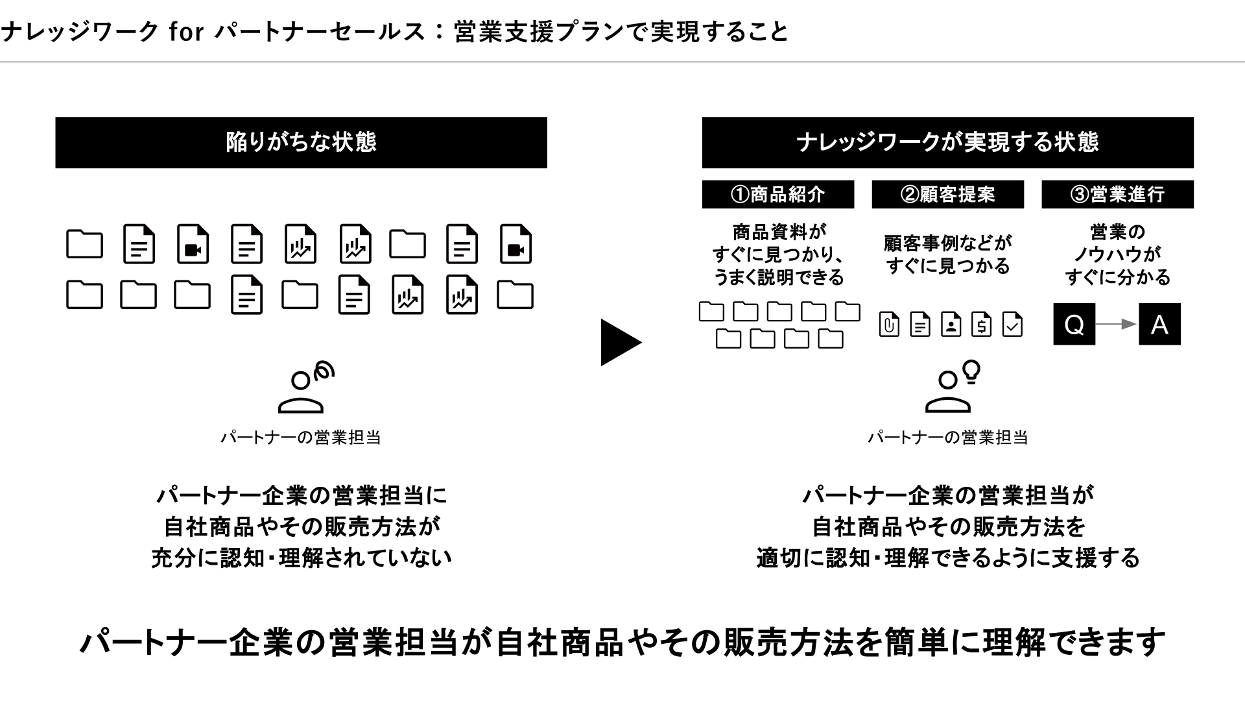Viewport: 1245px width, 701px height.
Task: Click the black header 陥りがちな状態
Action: click(301, 142)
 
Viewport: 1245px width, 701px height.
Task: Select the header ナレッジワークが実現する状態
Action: click(947, 142)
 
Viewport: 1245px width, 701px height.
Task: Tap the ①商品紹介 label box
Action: click(777, 194)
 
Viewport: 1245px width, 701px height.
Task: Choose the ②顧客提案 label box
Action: click(947, 194)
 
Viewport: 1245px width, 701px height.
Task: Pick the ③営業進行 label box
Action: click(1117, 194)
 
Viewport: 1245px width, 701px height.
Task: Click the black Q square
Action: click(1074, 324)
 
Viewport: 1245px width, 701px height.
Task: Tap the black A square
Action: click(1159, 324)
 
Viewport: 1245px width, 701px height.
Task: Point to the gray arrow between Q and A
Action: click(1117, 324)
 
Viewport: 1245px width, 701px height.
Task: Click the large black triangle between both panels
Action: click(620, 342)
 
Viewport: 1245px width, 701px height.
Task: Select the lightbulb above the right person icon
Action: click(971, 371)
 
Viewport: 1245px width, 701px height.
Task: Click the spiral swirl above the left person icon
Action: click(324, 371)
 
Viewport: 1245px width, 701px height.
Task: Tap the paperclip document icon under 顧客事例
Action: click(888, 324)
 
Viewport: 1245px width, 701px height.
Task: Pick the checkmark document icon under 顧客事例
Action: click(1012, 324)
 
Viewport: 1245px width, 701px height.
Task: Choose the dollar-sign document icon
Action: click(981, 324)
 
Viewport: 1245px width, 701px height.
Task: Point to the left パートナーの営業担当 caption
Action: click(300, 437)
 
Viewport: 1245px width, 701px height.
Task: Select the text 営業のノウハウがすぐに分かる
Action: click(1117, 254)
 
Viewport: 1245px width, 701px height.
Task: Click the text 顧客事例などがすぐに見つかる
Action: click(947, 254)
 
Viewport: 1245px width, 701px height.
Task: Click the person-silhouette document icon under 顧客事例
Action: click(951, 324)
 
